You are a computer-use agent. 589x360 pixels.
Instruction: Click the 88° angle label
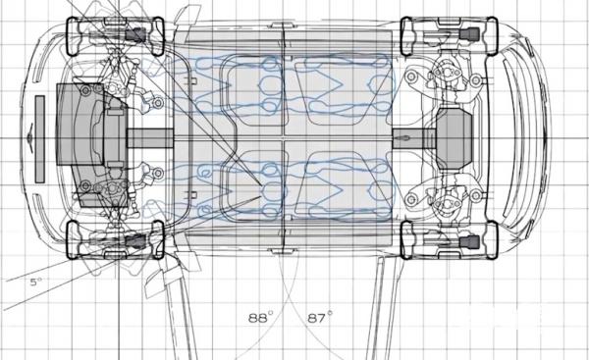pyautogui.click(x=261, y=317)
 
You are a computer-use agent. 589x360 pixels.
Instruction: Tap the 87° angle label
pyautogui.click(x=320, y=317)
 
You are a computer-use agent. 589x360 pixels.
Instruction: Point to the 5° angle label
pyautogui.click(x=36, y=282)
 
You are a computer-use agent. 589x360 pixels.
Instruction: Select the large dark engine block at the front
pyautogui.click(x=91, y=144)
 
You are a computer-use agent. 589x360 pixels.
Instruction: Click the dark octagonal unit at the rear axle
pyautogui.click(x=454, y=138)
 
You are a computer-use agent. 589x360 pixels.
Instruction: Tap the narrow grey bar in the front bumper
pyautogui.click(x=40, y=139)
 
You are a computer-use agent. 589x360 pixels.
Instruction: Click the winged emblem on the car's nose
pyautogui.click(x=29, y=138)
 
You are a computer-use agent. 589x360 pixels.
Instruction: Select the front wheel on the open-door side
pyautogui.click(x=115, y=240)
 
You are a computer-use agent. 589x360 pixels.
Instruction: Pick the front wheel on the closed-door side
pyautogui.click(x=115, y=36)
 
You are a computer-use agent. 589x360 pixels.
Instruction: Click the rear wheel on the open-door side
pyautogui.click(x=450, y=240)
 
